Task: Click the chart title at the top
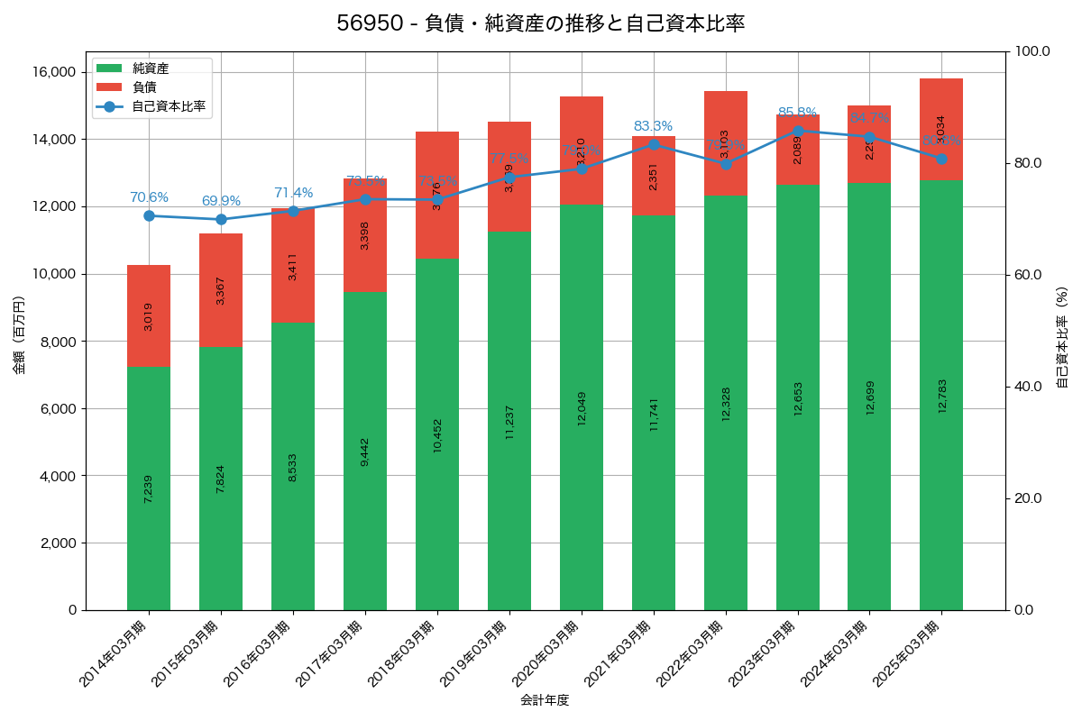[541, 23]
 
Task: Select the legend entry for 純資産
[151, 68]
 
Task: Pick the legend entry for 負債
[144, 87]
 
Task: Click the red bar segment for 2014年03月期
[149, 315]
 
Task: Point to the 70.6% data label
[149, 197]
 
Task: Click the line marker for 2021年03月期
[654, 144]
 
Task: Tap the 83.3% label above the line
[653, 126]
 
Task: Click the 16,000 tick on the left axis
[54, 72]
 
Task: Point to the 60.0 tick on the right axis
[1029, 274]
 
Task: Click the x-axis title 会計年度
[545, 700]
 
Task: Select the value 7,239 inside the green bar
[149, 488]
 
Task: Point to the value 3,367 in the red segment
[221, 290]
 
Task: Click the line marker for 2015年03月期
[221, 219]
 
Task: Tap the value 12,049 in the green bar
[582, 407]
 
